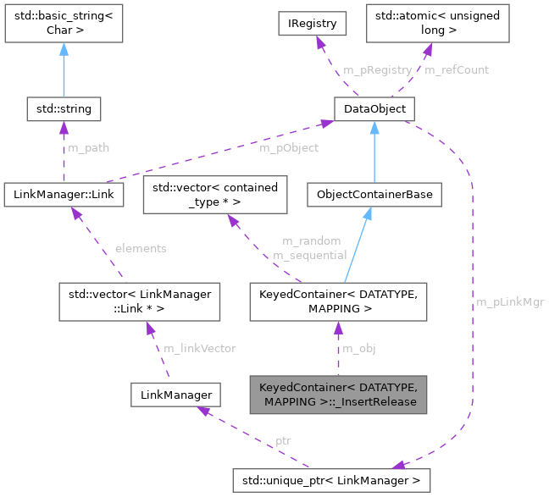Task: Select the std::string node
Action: coord(64,109)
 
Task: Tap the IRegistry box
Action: coord(312,23)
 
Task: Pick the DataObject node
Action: coord(373,109)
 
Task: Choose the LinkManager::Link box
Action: coord(64,195)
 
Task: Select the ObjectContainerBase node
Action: coord(374,195)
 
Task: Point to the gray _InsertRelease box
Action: coord(338,394)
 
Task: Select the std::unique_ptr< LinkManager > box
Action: coord(332,481)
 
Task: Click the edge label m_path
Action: coord(88,147)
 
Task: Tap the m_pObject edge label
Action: coord(289,147)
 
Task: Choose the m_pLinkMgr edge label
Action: coord(510,301)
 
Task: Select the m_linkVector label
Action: coord(200,348)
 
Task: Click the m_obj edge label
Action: coord(358,348)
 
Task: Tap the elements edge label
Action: coord(141,248)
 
